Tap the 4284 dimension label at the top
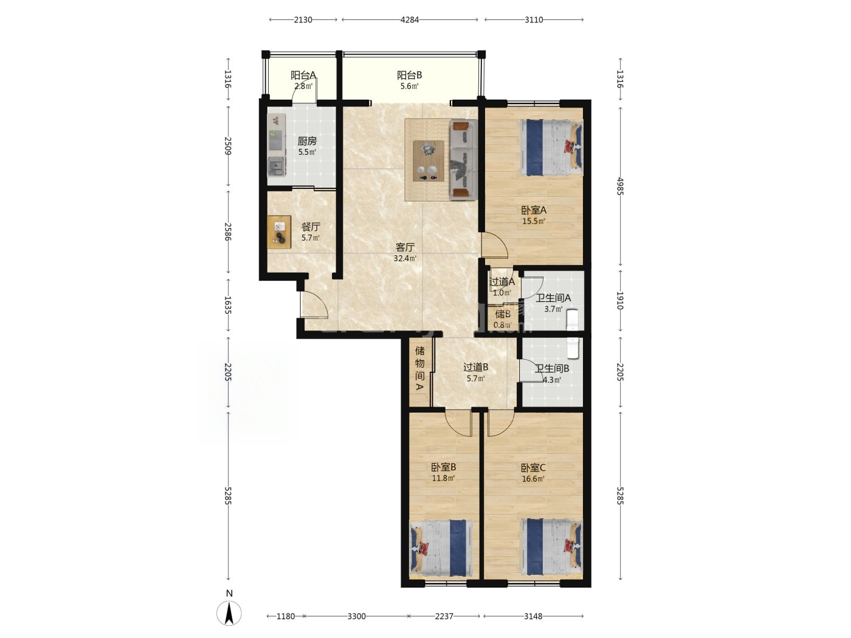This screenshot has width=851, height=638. [x=410, y=20]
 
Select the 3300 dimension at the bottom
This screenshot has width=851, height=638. [x=356, y=616]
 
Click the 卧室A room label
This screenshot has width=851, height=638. [x=534, y=210]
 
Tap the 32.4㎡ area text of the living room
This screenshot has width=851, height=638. [x=405, y=258]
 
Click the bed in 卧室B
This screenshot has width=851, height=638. [x=441, y=547]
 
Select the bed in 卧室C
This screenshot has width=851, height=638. [x=551, y=547]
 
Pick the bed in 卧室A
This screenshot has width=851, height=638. [x=551, y=147]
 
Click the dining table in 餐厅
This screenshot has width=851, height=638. [x=279, y=232]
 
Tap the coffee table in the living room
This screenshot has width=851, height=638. [x=428, y=161]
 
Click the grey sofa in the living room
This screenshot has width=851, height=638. [x=464, y=160]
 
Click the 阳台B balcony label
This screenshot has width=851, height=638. [x=410, y=75]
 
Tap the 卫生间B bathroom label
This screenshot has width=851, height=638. [x=552, y=368]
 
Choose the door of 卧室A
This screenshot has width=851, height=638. [x=494, y=244]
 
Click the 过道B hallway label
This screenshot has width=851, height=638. [x=476, y=367]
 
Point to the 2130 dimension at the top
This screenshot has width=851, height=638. [x=303, y=20]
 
